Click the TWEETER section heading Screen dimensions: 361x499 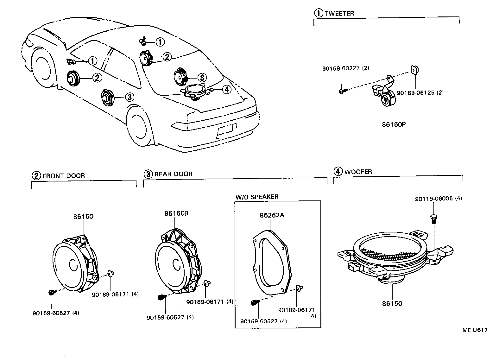(x=339, y=13)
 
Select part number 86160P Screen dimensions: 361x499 (x=394, y=124)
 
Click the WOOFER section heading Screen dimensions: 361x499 (x=358, y=172)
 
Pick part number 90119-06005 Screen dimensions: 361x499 (x=434, y=199)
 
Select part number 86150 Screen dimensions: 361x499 (x=392, y=303)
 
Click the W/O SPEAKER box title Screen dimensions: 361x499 (x=257, y=197)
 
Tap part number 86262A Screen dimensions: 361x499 (x=272, y=215)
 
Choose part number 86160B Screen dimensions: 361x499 (x=176, y=213)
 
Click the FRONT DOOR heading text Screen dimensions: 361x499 (x=63, y=176)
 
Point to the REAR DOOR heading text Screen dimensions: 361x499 (x=173, y=174)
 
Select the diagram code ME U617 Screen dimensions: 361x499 (x=475, y=330)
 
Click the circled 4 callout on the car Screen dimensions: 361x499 (x=226, y=90)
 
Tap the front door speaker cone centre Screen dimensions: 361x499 (x=73, y=265)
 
